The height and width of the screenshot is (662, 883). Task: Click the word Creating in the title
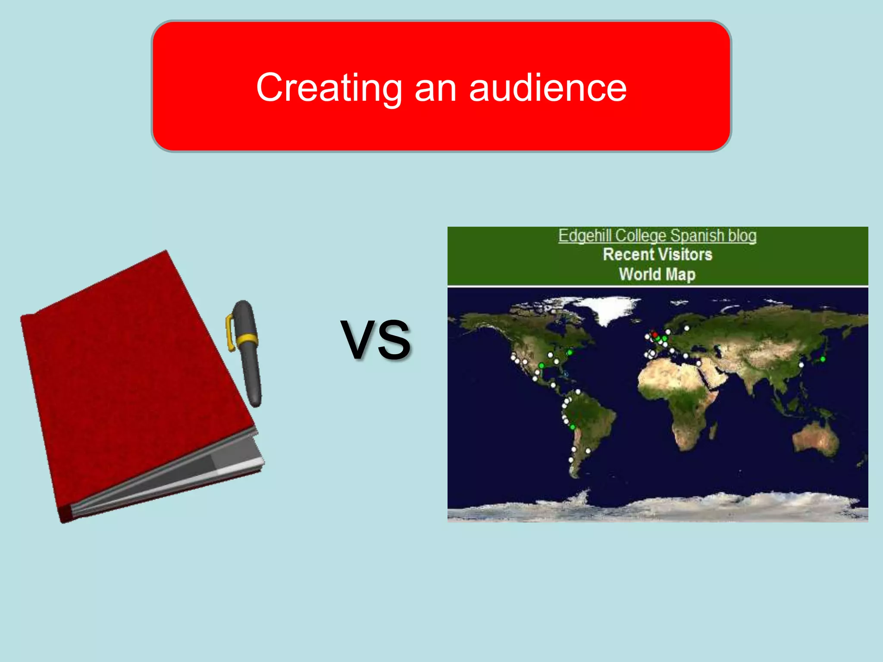coord(329,87)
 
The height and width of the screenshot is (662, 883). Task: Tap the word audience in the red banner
coord(548,87)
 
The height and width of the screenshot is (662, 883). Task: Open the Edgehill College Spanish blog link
coord(657,236)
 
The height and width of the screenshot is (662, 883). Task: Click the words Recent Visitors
coord(657,254)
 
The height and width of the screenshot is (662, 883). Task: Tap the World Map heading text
coord(657,274)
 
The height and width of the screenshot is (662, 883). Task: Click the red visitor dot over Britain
coord(655,334)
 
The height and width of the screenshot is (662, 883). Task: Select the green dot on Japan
coord(823,359)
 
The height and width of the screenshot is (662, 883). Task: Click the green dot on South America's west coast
coord(573,427)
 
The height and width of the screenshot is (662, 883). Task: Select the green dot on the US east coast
coord(570,353)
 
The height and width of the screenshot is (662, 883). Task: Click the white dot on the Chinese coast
coord(801,365)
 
